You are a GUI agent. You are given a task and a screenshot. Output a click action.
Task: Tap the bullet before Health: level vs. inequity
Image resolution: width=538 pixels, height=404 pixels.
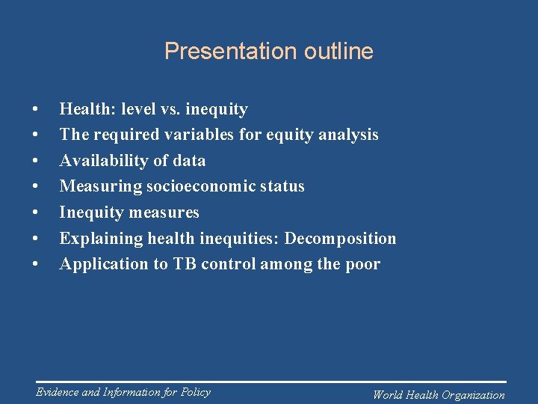(36, 110)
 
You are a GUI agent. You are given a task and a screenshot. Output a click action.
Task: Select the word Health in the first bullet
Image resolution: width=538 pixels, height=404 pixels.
(83, 109)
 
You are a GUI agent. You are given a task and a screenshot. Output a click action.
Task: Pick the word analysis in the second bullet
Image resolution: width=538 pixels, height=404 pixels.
(349, 135)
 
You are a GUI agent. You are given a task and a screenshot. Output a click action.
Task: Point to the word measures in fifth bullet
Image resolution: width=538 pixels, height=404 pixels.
(166, 212)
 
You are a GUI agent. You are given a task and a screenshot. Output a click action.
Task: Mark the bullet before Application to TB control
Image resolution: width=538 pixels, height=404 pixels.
(36, 265)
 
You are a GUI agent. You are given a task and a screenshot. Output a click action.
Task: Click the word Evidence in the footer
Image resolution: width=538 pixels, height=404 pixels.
(59, 392)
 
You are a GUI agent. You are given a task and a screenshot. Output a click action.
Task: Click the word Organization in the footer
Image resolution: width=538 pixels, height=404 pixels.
(473, 395)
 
